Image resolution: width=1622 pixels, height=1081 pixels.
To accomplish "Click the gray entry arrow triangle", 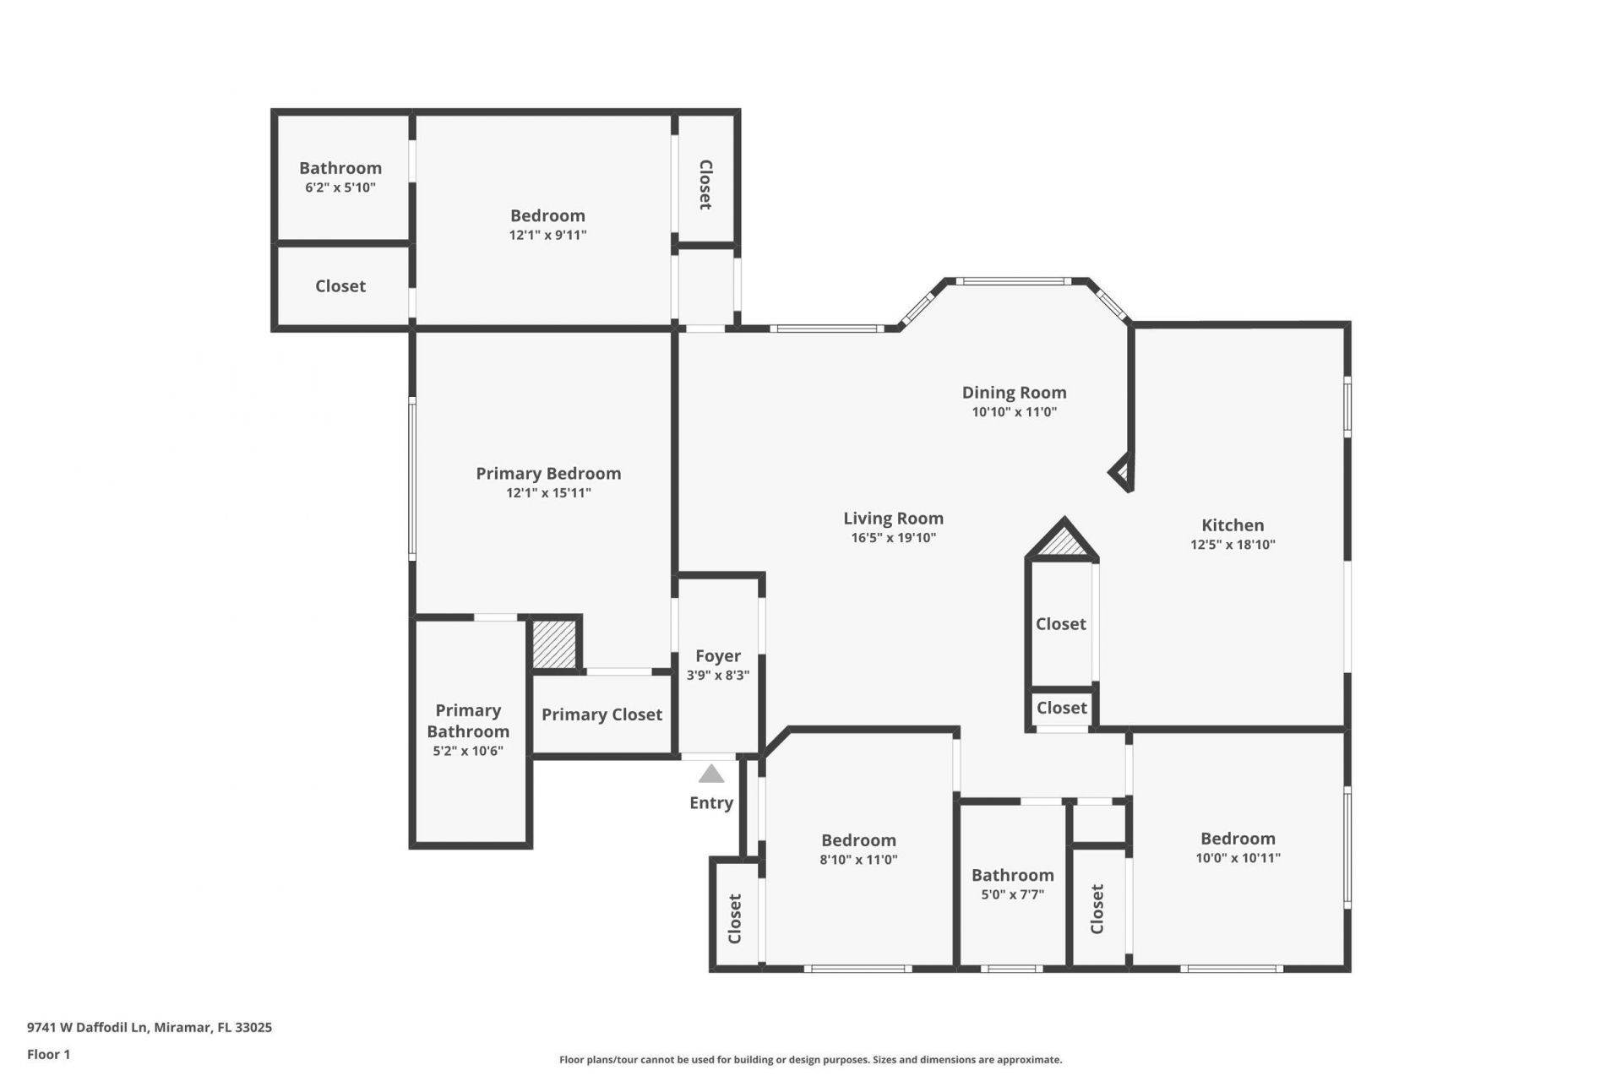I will (x=711, y=774).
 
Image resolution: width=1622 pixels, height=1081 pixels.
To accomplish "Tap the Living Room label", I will (x=893, y=519).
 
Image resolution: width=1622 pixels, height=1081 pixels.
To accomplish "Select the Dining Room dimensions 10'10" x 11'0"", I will (x=1014, y=412).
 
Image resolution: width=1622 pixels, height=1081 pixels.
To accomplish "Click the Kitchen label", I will (x=1233, y=525).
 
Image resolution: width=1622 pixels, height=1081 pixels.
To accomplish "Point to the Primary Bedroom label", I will (x=548, y=474).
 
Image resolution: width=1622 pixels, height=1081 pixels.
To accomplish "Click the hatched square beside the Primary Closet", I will (x=554, y=644).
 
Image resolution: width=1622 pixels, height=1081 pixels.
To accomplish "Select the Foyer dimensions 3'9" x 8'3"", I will (x=718, y=676).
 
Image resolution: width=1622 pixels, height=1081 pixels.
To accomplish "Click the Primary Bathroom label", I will (x=468, y=721).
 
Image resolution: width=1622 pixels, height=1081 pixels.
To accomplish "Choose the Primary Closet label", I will (x=601, y=715).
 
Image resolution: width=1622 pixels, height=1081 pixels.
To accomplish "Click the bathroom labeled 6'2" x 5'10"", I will (x=340, y=177).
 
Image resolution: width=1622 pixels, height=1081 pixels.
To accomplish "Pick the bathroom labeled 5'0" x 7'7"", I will (x=1012, y=883).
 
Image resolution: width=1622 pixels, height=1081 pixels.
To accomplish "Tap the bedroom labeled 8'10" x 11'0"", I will (x=858, y=849).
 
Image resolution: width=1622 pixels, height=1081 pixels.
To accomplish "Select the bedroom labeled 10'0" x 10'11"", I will (x=1238, y=847).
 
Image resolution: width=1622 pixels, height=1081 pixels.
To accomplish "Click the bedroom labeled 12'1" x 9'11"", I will (x=547, y=224).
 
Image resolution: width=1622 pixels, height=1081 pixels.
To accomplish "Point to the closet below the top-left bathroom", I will (x=340, y=286).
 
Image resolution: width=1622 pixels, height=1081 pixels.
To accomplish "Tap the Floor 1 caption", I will (x=48, y=1054).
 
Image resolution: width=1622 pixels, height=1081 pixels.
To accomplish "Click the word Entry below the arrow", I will (x=711, y=803).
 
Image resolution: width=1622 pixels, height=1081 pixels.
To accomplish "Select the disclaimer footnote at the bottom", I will (x=810, y=1060).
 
